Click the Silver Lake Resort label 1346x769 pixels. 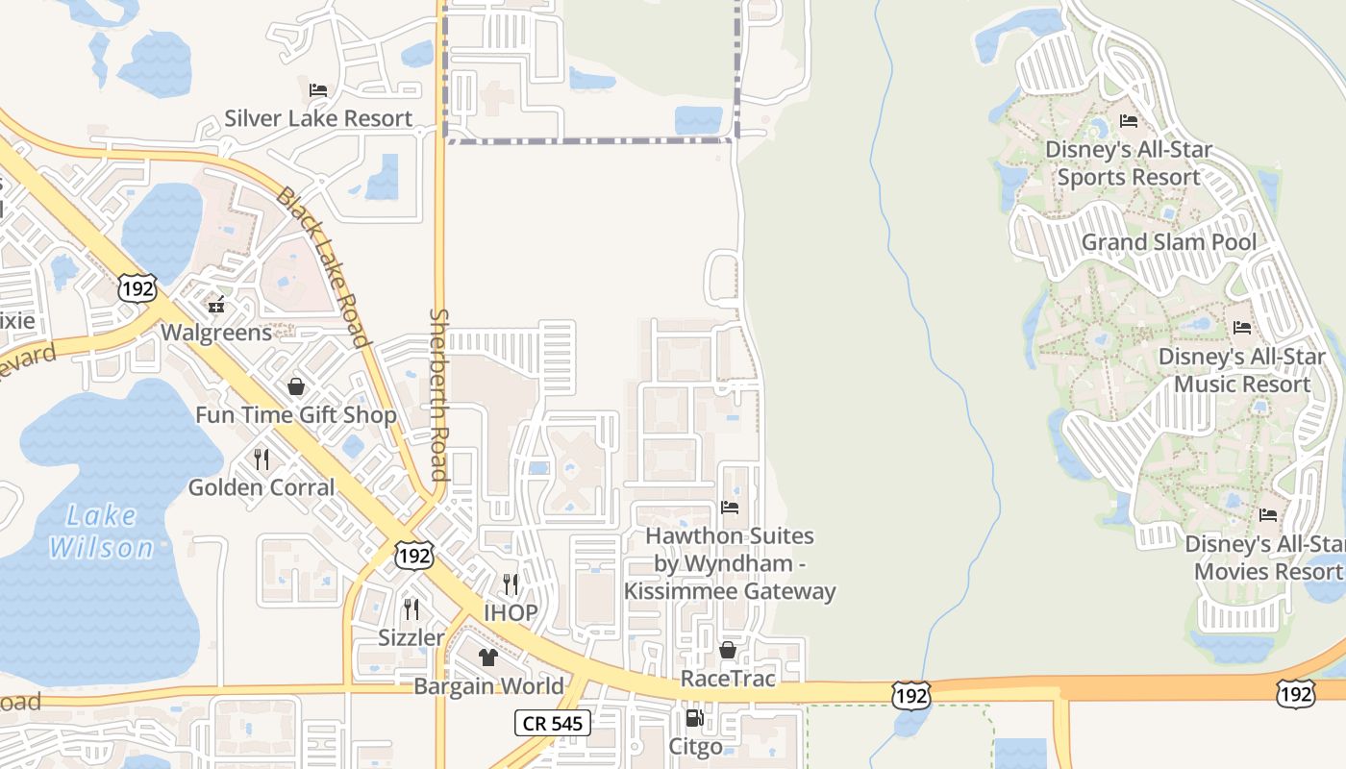coord(318,119)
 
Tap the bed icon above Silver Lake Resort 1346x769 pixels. coord(318,90)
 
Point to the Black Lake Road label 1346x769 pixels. coord(323,267)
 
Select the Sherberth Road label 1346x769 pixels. coord(439,394)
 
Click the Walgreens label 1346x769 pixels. coord(216,333)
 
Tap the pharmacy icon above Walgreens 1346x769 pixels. coord(216,305)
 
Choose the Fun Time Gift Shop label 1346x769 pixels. coord(296,415)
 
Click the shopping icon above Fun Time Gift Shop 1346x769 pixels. coord(296,386)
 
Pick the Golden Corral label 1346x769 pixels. coord(262,487)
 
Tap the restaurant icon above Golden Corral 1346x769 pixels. coord(262,459)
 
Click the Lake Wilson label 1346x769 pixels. coord(101,532)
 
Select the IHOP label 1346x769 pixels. coord(511,613)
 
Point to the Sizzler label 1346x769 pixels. coord(411,637)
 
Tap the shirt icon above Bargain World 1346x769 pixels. coord(488,657)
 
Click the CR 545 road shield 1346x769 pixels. coord(552,723)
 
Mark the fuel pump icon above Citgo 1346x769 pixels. coord(694,718)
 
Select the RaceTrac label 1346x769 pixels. coord(728,679)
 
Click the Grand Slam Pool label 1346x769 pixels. coord(1169,242)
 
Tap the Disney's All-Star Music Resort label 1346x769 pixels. coord(1242,370)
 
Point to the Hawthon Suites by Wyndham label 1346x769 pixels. coord(730,563)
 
